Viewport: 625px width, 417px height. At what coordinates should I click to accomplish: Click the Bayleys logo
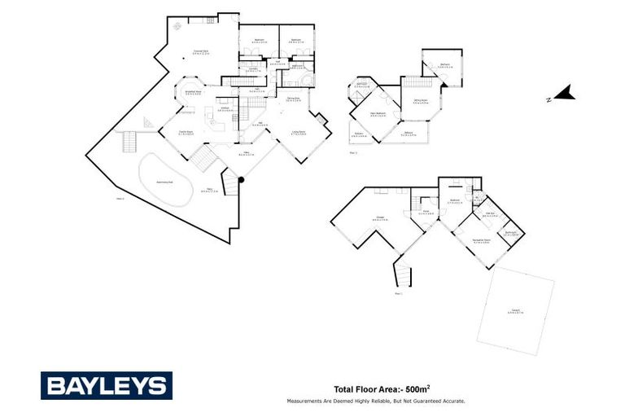(x=107, y=385)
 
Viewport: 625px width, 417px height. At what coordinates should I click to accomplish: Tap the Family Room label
(x=185, y=131)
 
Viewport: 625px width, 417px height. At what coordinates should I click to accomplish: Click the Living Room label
(x=299, y=131)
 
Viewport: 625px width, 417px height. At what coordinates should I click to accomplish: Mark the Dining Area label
(x=293, y=99)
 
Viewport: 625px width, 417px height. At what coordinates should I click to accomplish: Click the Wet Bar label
(x=491, y=213)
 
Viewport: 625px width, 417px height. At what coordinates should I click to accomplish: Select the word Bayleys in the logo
(x=107, y=385)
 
